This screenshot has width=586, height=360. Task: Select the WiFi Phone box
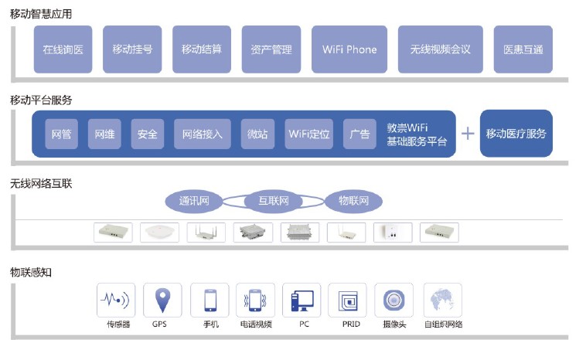pyautogui.click(x=349, y=49)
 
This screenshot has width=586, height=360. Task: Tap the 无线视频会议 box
pyautogui.click(x=440, y=49)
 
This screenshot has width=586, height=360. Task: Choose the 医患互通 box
pyautogui.click(x=523, y=49)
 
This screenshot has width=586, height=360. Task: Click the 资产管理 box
pyautogui.click(x=271, y=49)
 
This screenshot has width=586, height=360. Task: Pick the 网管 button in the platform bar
pyautogui.click(x=62, y=134)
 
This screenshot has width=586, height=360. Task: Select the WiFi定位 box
pyautogui.click(x=309, y=134)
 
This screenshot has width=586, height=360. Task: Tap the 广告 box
pyautogui.click(x=359, y=134)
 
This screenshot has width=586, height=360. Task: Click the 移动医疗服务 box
pyautogui.click(x=516, y=134)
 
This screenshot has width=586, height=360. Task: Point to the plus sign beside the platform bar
pyautogui.click(x=467, y=134)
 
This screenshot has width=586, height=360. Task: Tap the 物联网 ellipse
pyautogui.click(x=354, y=202)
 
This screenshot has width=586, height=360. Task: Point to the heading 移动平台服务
pyautogui.click(x=41, y=100)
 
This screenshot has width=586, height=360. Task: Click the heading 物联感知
pyautogui.click(x=31, y=272)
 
